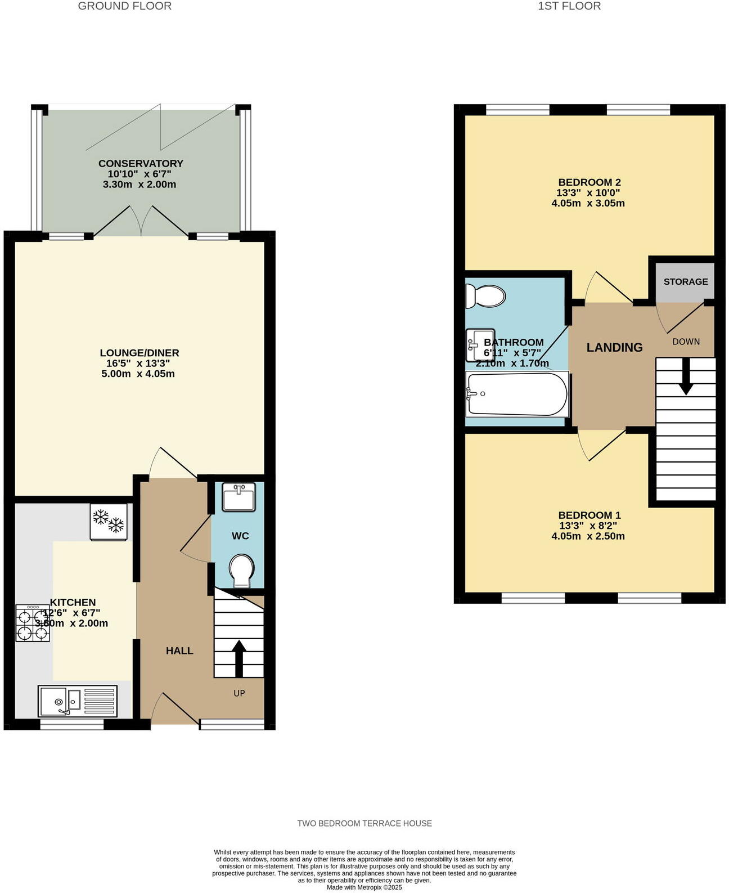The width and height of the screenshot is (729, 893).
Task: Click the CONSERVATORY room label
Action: (141, 163)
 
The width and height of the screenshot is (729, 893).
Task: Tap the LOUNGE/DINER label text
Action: (139, 353)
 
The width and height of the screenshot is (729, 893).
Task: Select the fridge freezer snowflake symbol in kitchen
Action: (109, 522)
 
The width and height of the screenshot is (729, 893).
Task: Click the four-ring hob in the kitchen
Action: (33, 623)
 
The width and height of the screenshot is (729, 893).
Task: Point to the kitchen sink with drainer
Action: (78, 701)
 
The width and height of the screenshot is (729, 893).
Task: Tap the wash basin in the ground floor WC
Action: (238, 497)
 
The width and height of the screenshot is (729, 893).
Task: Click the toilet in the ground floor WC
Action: (242, 571)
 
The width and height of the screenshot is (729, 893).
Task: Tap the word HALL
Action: (179, 650)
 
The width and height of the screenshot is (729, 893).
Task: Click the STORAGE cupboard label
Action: (686, 281)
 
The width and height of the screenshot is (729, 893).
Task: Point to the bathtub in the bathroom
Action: (516, 394)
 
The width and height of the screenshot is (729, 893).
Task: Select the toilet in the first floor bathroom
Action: (486, 295)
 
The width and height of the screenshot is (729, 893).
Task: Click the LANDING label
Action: (614, 347)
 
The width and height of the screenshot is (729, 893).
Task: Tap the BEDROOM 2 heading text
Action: (589, 182)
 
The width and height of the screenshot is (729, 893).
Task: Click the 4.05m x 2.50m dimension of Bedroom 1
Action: (588, 536)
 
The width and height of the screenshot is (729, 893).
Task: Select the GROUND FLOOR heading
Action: (124, 6)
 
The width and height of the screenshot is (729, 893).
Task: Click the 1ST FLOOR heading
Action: (569, 6)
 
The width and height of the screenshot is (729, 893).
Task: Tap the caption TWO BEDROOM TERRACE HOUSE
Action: (364, 823)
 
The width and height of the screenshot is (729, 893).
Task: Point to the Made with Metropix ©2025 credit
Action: (364, 887)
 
